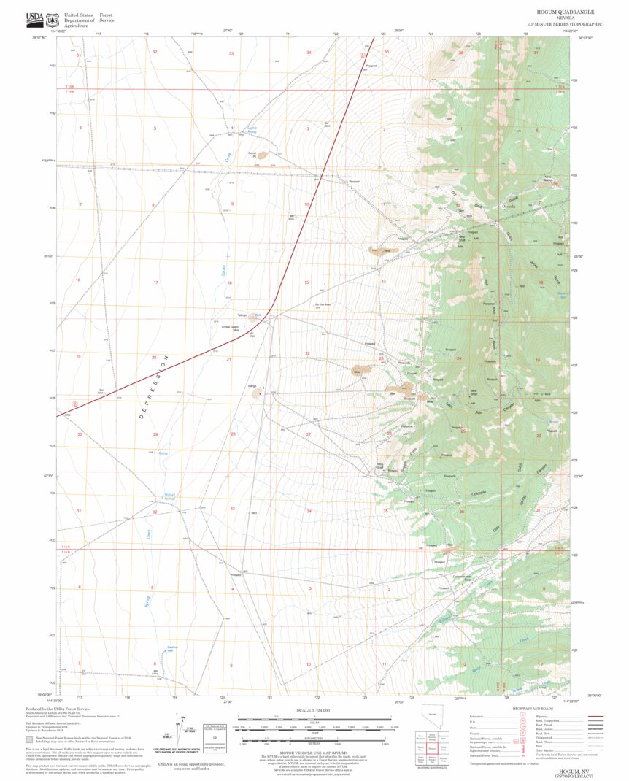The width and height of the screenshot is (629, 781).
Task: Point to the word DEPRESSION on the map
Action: pyautogui.click(x=155, y=390)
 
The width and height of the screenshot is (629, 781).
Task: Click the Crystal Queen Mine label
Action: pyautogui.click(x=231, y=328)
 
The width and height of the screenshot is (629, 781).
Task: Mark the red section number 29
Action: pyautogui.click(x=155, y=435)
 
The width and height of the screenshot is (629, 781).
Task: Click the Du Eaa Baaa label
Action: pyautogui.click(x=323, y=304)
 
